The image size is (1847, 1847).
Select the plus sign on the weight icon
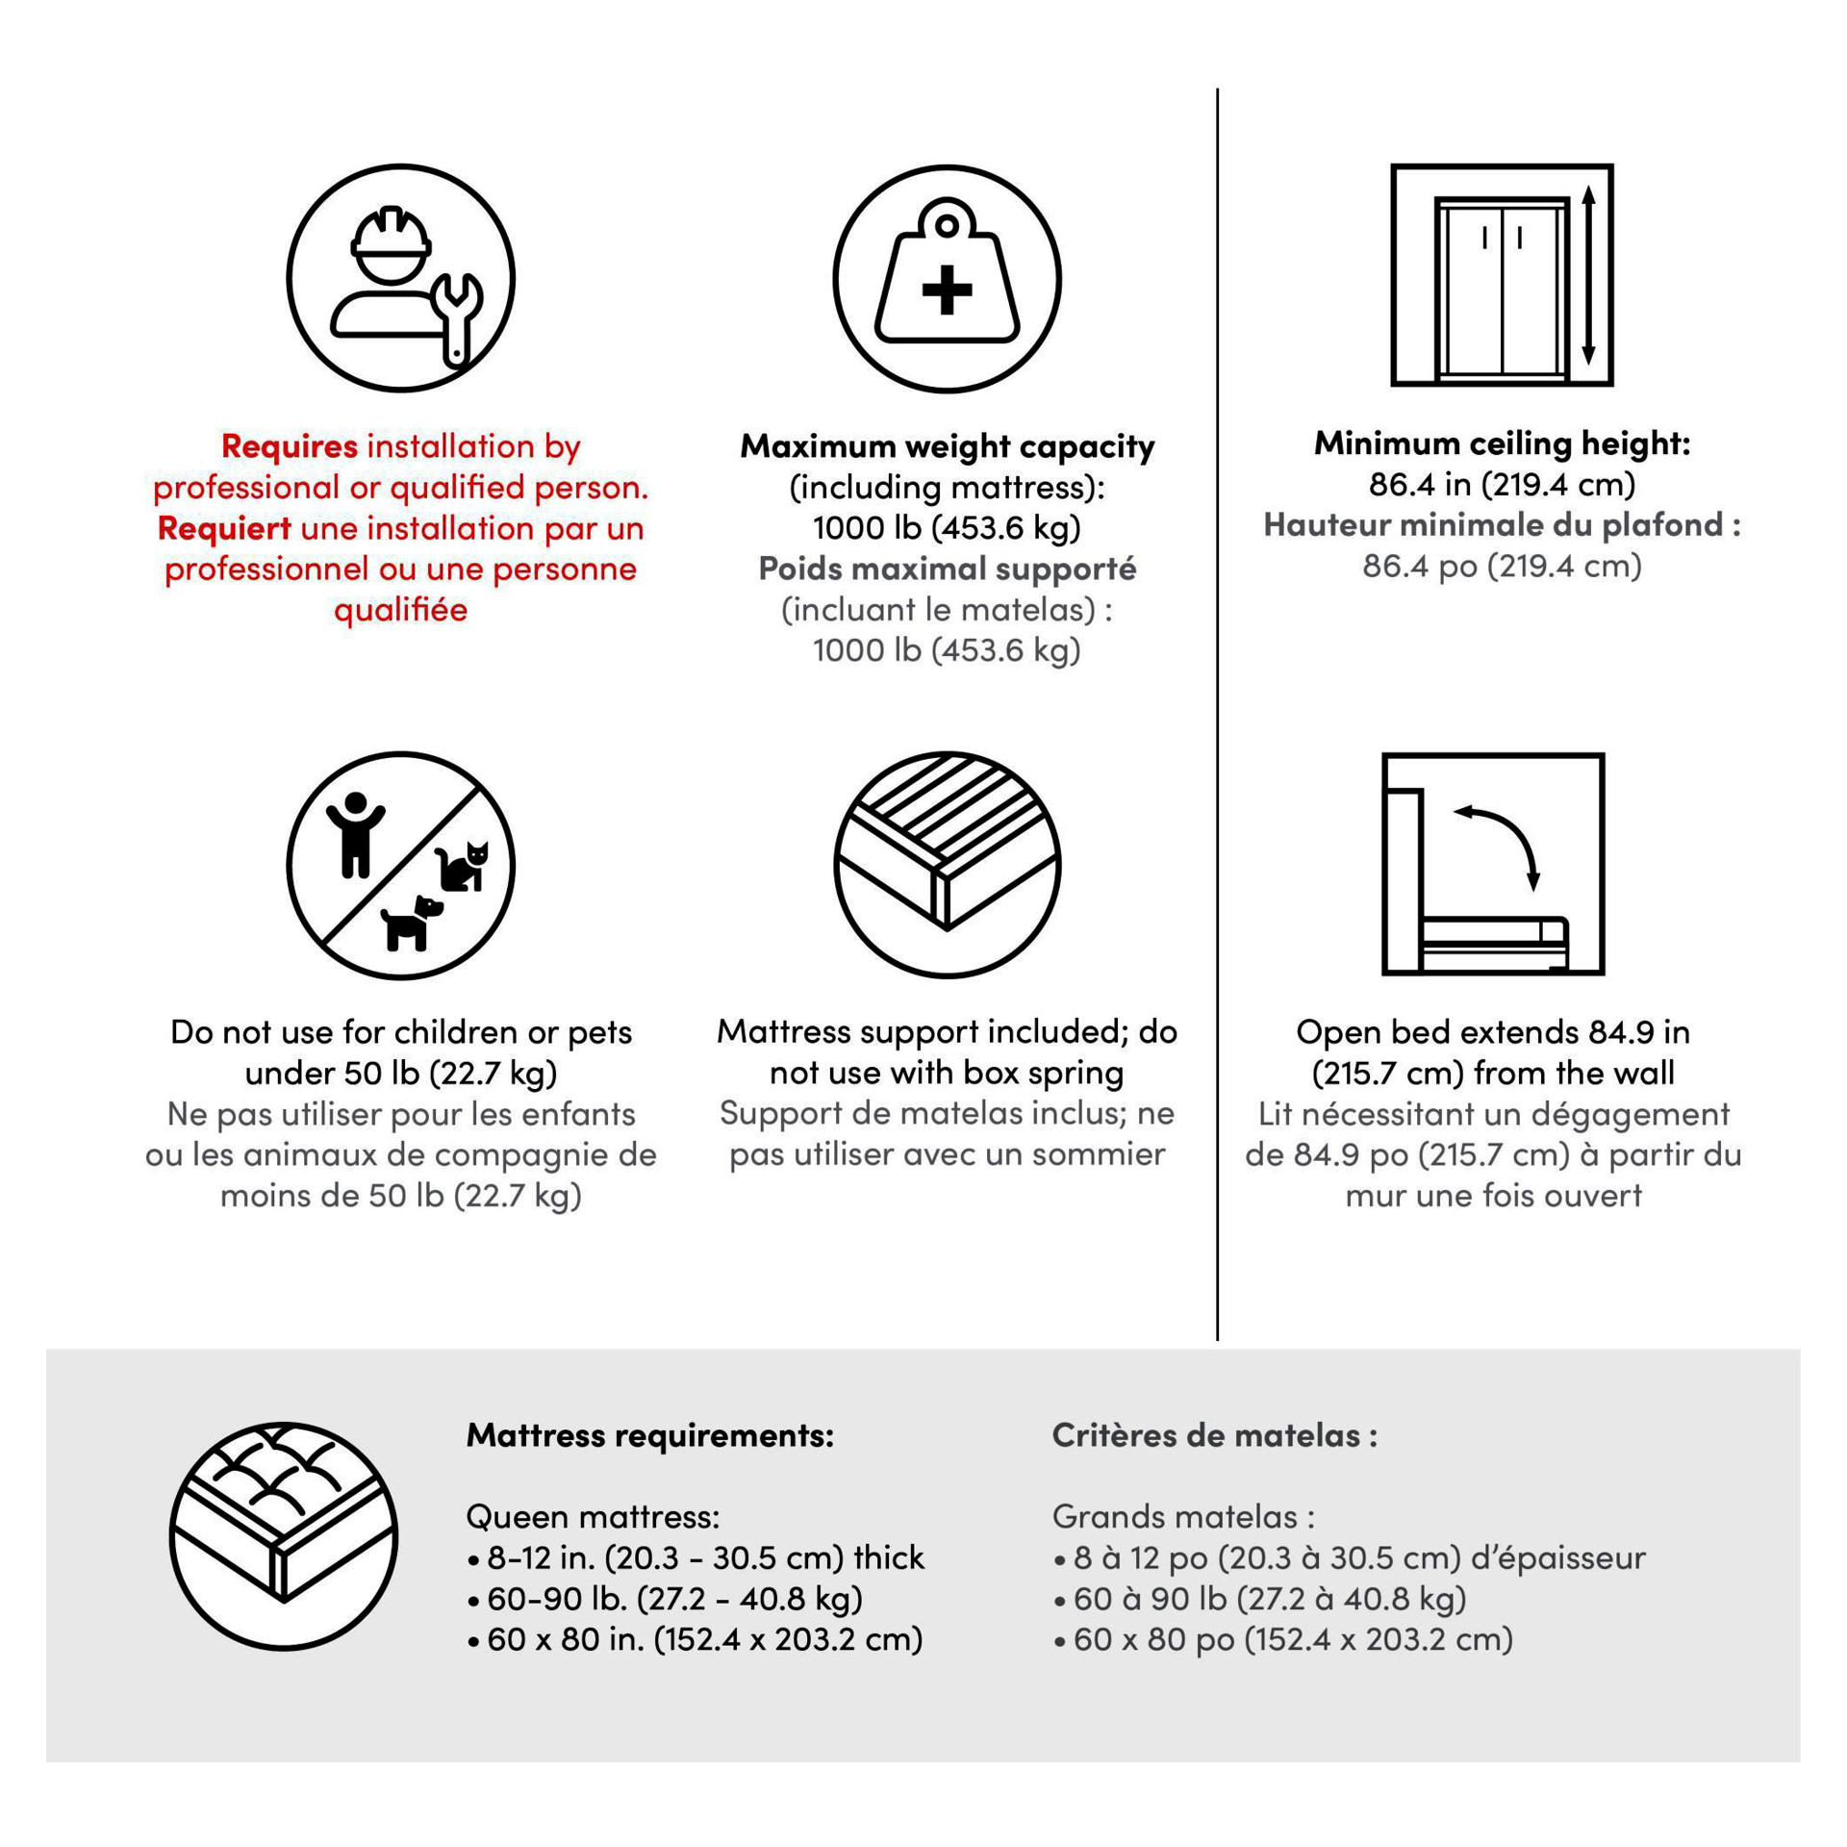click(x=947, y=290)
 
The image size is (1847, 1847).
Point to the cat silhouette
click(x=465, y=867)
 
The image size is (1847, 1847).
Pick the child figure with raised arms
click(x=355, y=833)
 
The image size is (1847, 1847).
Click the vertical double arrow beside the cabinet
click(x=1588, y=275)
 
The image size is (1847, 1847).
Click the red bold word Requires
click(x=290, y=446)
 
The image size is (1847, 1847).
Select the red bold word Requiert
click(x=224, y=528)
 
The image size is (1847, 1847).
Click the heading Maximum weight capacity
click(x=947, y=446)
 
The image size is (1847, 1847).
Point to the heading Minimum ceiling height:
click(x=1502, y=443)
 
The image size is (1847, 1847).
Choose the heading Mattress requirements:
click(x=649, y=1435)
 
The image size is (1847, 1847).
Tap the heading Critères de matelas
click(x=1214, y=1435)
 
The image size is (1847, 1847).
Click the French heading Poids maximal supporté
click(x=947, y=569)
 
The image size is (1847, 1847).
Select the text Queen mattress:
click(x=593, y=1517)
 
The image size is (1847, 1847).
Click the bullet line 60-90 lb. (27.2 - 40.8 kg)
click(x=673, y=1599)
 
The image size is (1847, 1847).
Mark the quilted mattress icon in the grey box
click(x=284, y=1536)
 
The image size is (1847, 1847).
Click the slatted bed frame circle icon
click(x=947, y=865)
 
